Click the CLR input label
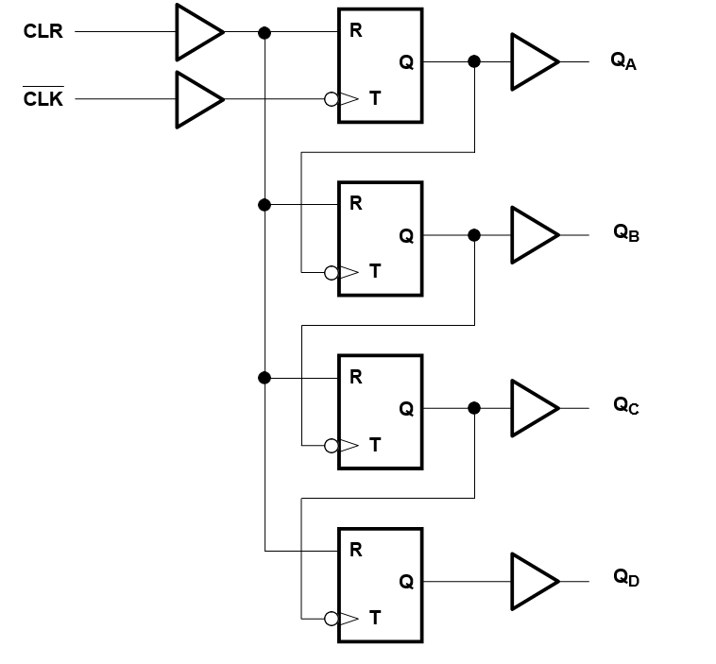(43, 32)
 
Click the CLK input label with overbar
(43, 98)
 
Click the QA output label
(624, 62)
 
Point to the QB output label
(626, 233)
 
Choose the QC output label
(626, 406)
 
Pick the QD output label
(626, 578)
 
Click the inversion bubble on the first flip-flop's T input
(331, 99)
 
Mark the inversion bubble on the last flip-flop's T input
(331, 620)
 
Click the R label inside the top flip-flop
(356, 30)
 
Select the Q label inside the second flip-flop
(406, 236)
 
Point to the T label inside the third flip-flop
(375, 446)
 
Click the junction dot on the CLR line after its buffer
(264, 32)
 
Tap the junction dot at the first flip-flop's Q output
(474, 62)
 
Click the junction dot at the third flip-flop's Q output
(474, 408)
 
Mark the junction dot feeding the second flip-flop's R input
(264, 204)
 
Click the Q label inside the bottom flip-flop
(406, 582)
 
